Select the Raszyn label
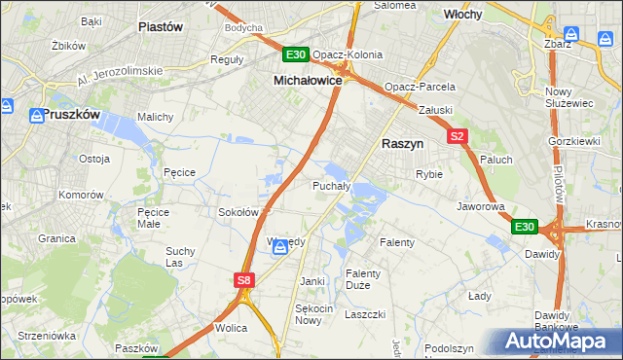[401, 142]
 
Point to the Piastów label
[161, 27]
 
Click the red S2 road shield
[458, 136]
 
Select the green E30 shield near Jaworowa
[525, 227]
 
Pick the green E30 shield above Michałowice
[297, 54]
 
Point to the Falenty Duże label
[363, 278]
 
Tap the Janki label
[312, 281]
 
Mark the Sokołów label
[238, 211]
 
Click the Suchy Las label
[180, 256]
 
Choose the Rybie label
[429, 174]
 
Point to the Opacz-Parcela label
[420, 87]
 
